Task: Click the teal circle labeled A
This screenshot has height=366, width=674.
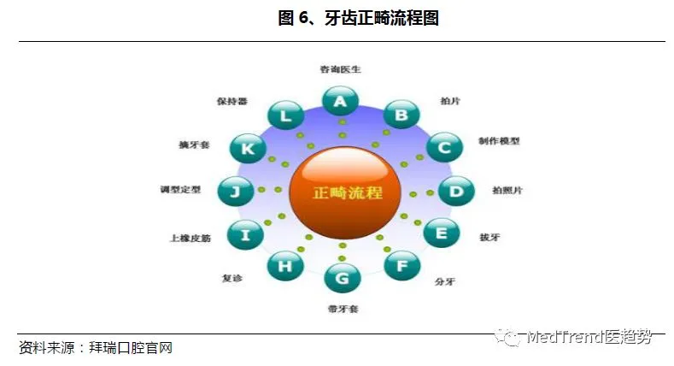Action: click(340, 102)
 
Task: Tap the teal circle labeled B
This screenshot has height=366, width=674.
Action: click(401, 115)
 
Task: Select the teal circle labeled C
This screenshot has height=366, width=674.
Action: click(444, 148)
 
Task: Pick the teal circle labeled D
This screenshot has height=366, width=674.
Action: click(456, 191)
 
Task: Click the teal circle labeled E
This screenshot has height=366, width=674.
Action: click(441, 233)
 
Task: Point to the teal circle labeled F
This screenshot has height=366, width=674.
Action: click(402, 265)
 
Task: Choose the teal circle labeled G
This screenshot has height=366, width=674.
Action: click(342, 278)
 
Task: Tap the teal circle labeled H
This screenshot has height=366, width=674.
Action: click(284, 266)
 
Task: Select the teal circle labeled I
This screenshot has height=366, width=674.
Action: click(246, 234)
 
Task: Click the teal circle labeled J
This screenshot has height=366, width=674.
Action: click(235, 191)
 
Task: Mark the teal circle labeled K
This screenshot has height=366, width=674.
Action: click(248, 149)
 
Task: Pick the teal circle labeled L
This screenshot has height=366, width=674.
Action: click(285, 115)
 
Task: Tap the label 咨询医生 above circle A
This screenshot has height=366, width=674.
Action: click(340, 69)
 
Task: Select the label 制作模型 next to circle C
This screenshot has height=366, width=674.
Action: click(499, 141)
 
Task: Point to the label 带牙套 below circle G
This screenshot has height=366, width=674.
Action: click(343, 308)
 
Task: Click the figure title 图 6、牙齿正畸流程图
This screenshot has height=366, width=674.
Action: click(358, 19)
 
